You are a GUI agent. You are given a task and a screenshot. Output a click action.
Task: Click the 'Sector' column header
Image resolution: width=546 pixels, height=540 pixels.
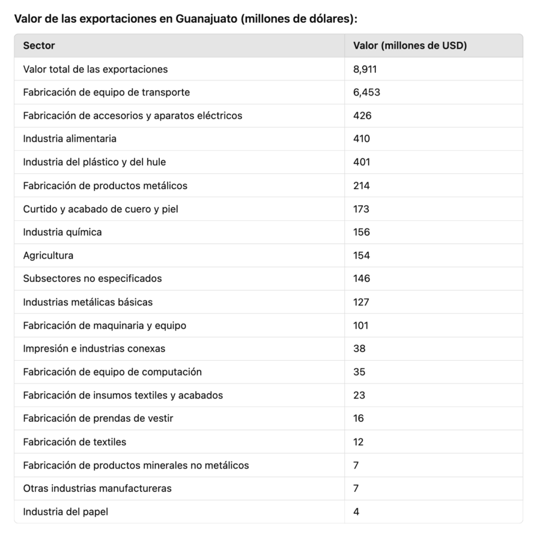[39, 46]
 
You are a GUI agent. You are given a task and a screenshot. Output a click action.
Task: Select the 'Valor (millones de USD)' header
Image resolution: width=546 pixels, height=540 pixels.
[410, 46]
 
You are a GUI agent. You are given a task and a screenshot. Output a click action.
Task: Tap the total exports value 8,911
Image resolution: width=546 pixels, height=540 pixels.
[365, 69]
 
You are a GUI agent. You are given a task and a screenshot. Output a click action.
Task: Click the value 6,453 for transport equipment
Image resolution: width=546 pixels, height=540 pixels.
[366, 92]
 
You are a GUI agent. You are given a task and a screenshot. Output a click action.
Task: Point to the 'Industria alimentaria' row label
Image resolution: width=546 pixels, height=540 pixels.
[70, 139]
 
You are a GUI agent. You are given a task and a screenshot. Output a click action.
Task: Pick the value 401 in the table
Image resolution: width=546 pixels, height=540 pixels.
[362, 162]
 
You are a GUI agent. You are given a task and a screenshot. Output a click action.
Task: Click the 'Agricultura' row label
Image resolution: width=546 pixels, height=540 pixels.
[48, 256]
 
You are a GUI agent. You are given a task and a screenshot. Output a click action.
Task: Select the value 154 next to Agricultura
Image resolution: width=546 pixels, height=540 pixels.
[362, 256]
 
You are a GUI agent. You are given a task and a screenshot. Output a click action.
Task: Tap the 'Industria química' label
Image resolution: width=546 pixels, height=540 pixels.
[62, 232]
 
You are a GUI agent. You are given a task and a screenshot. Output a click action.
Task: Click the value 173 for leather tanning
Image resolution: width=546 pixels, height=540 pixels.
[362, 209]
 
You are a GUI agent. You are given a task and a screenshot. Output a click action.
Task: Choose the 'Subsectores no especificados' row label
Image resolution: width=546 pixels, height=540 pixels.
[93, 278]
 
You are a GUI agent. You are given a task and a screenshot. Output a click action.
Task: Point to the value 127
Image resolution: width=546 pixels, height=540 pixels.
[361, 302]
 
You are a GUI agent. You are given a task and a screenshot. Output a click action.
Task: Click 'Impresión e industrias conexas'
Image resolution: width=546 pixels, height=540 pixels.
[94, 349]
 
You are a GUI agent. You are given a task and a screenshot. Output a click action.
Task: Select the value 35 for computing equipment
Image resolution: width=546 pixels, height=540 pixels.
[359, 372]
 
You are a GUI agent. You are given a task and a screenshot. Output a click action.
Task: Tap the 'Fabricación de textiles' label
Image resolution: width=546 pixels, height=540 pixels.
[74, 442]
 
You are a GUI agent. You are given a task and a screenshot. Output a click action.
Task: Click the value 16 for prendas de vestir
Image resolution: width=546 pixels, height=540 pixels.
[359, 419]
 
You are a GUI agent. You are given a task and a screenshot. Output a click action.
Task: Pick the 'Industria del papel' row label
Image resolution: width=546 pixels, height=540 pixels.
[65, 512]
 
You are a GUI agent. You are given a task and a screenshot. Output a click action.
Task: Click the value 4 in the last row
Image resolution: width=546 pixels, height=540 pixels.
[356, 512]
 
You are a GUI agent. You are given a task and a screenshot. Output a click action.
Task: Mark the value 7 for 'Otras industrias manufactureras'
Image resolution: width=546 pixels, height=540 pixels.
[356, 488]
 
